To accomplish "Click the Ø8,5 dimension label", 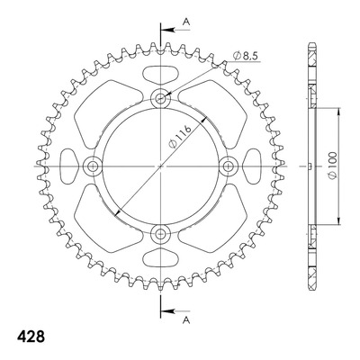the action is [x=246, y=56].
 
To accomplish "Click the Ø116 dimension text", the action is [x=180, y=137].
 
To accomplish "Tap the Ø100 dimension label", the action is [x=333, y=166].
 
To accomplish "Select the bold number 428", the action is [x=31, y=337].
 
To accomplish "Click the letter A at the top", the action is [x=186, y=22].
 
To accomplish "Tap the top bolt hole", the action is [x=161, y=98].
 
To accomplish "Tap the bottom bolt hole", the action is [x=161, y=233].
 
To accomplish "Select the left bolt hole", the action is [x=93, y=166].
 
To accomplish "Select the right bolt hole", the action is [x=229, y=166].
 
